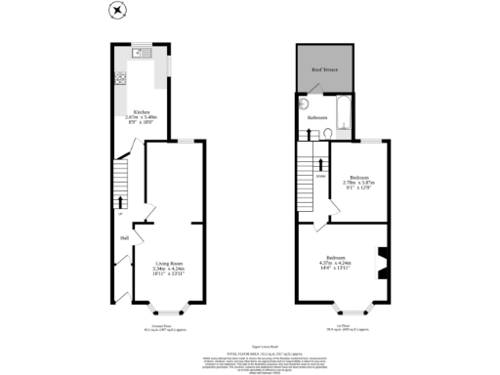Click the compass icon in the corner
(x=118, y=11)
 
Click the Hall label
(x=125, y=237)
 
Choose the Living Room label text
(x=169, y=264)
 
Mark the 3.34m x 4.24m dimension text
(x=169, y=270)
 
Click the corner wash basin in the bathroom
(x=305, y=103)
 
